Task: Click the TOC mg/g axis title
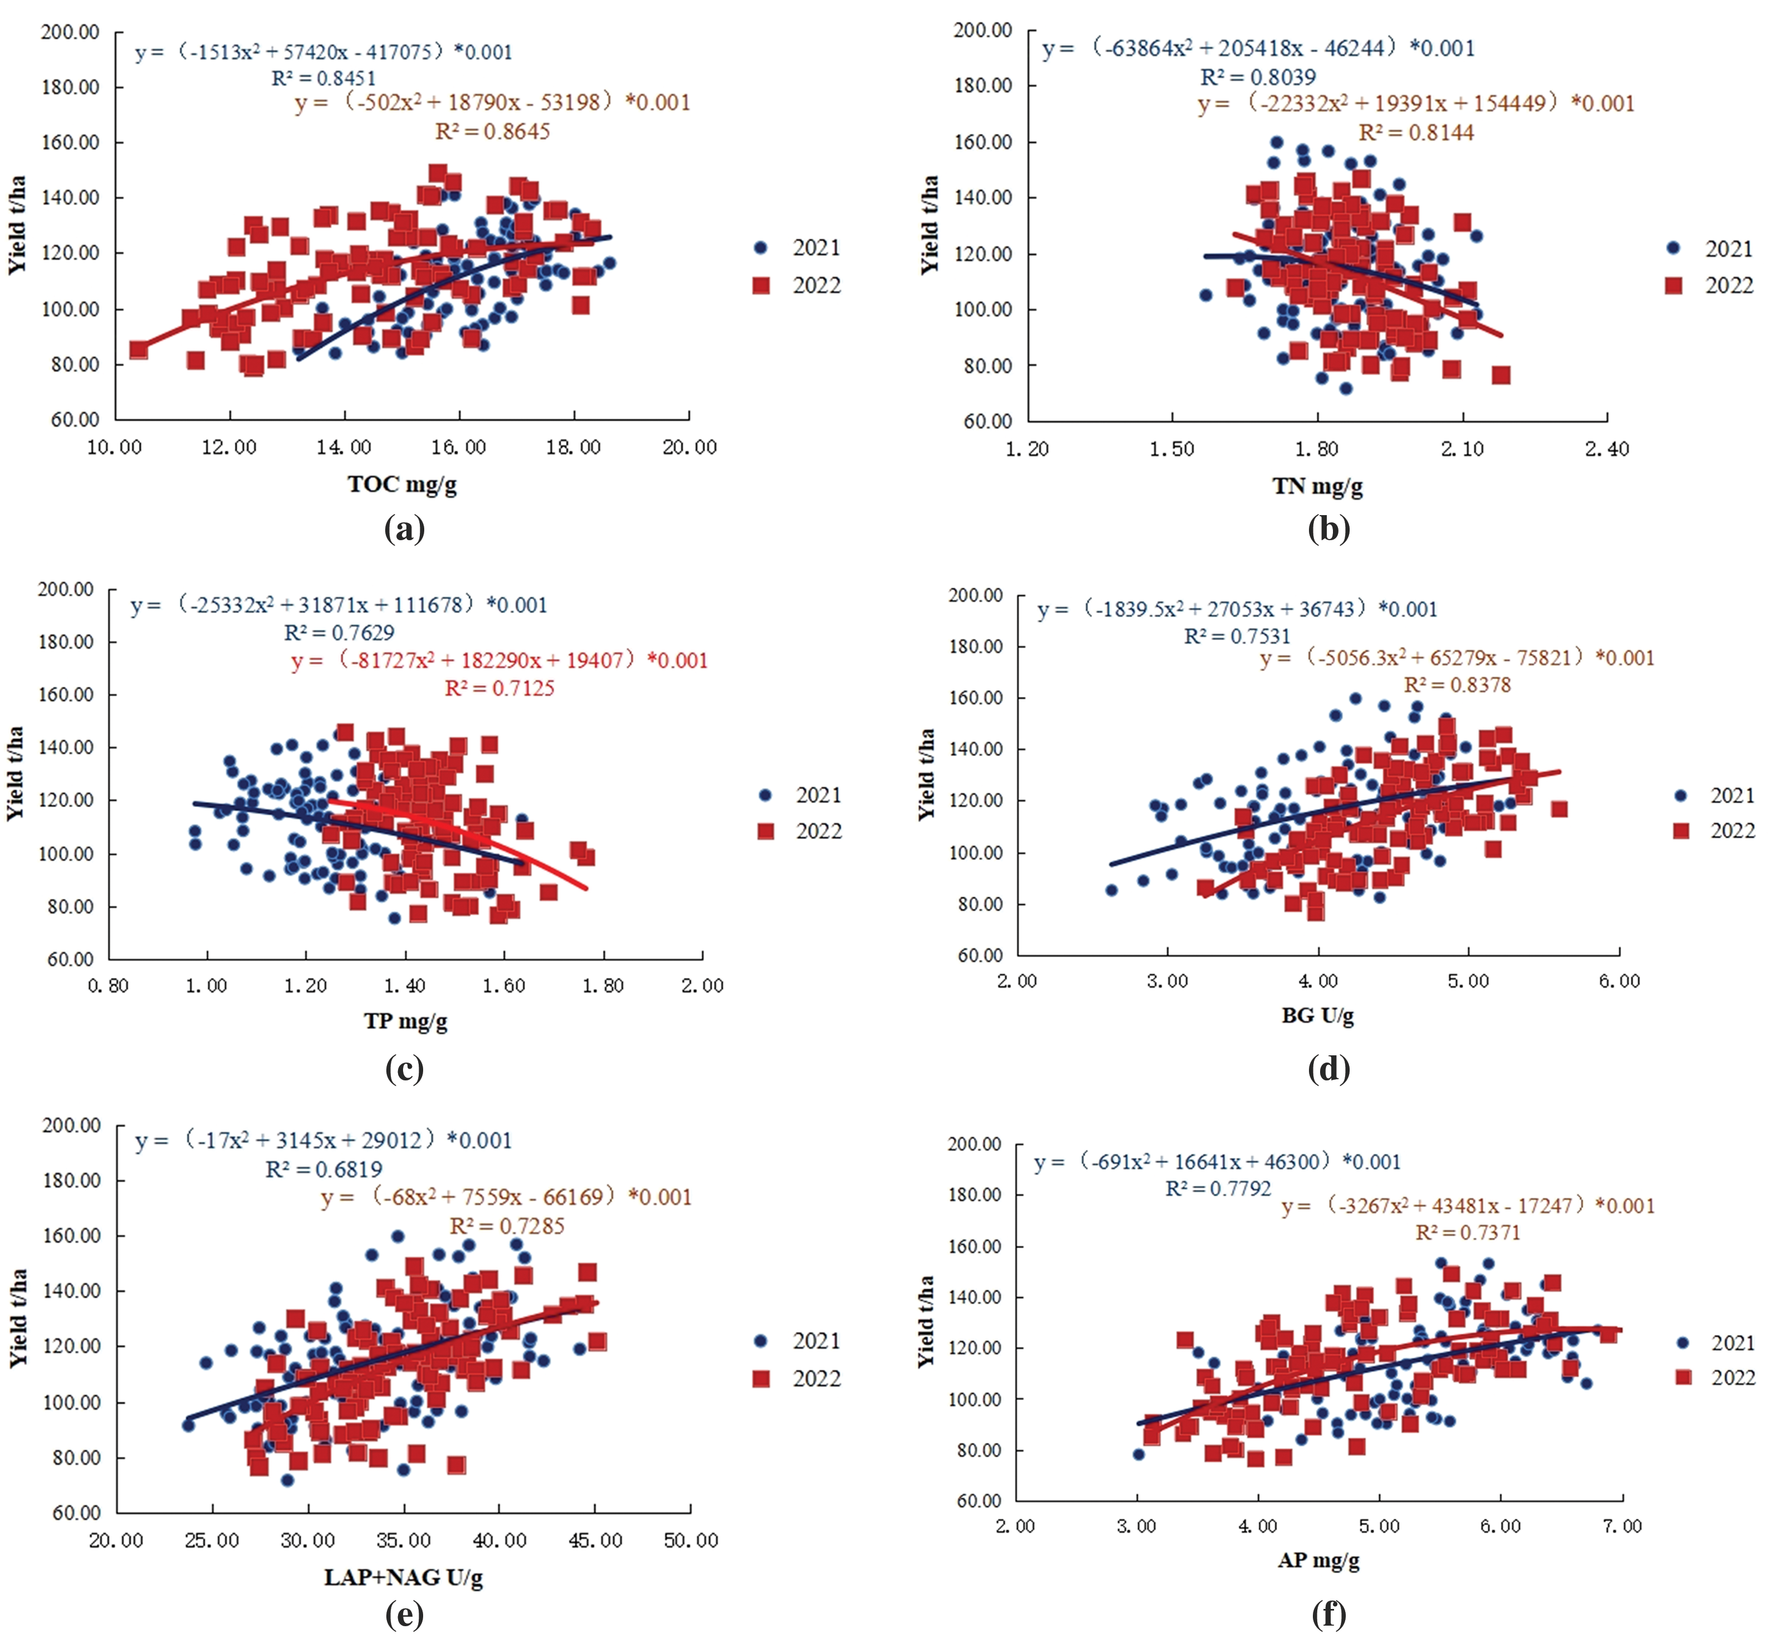tap(403, 484)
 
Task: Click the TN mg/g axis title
tap(1317, 486)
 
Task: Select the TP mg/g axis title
tap(405, 1021)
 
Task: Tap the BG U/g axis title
tap(1317, 1015)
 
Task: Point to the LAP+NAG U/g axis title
tap(403, 1577)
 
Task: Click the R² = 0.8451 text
tap(323, 78)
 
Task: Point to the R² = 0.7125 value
tap(500, 688)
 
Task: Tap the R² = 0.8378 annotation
tap(1457, 685)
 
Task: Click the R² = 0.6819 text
tap(323, 1170)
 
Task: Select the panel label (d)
tap(1329, 1069)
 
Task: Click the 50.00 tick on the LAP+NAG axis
tap(691, 1540)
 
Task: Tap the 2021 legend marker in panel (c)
tap(765, 795)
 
